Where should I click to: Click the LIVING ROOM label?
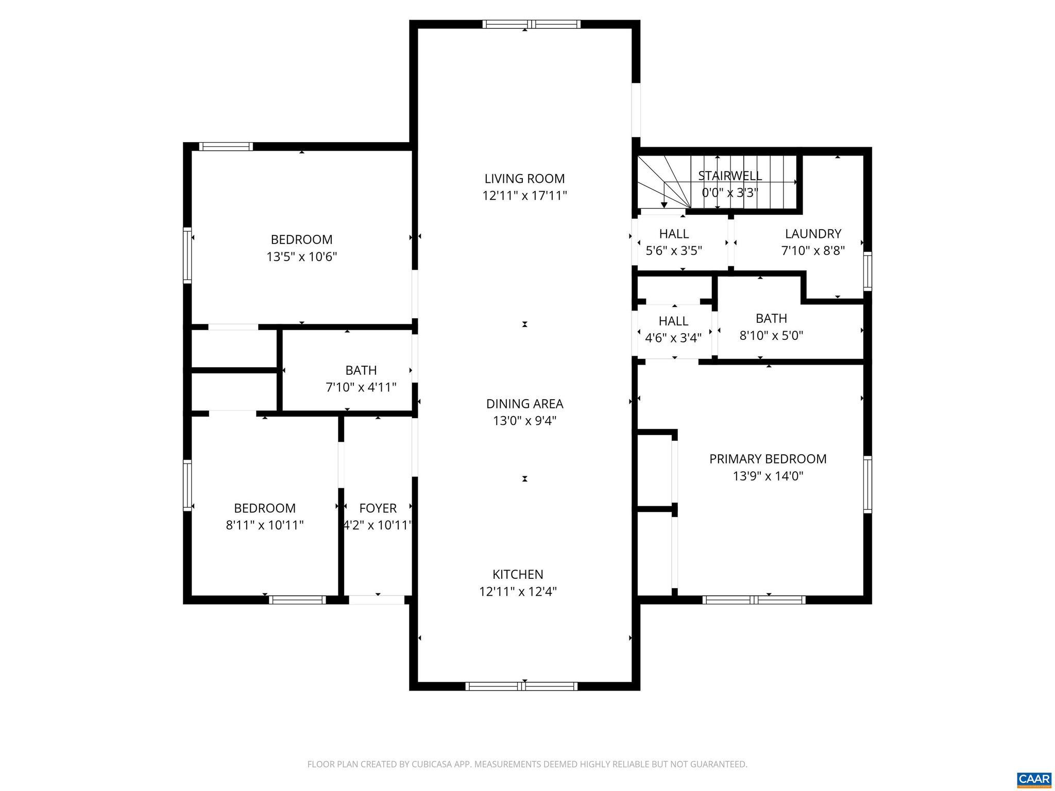tap(524, 179)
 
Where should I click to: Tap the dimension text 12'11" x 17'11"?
tap(524, 196)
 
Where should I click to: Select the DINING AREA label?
tap(524, 404)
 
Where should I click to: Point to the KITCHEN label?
tap(518, 574)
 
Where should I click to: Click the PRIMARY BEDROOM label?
tap(768, 459)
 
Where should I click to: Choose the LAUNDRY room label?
tap(813, 234)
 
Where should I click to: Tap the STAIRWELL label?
tap(730, 176)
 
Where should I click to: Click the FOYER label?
tap(378, 508)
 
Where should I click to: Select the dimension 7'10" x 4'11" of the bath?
tap(361, 387)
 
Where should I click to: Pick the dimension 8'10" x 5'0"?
tap(771, 336)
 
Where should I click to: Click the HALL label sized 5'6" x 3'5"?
tap(674, 234)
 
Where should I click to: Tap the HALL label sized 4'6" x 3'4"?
tap(673, 321)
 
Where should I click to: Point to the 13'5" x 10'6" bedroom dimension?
tap(301, 256)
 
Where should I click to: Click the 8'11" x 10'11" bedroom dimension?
tap(265, 525)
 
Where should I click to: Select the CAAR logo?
tap(1034, 779)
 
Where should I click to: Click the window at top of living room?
tap(532, 24)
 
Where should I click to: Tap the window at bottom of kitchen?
tap(521, 686)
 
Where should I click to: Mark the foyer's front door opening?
tap(377, 600)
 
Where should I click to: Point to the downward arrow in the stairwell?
tap(664, 204)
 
